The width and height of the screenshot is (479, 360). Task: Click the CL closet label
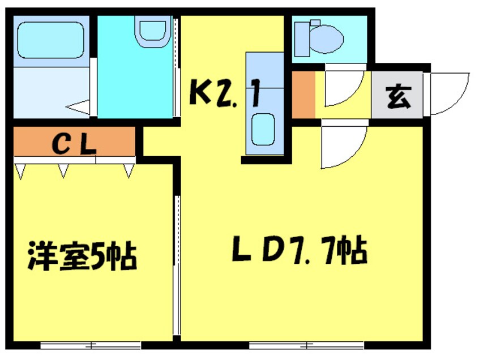[74, 144]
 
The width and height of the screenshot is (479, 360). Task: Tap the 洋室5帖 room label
[83, 256]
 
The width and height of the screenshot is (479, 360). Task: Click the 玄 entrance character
[399, 96]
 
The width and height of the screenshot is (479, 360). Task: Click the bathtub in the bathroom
[50, 40]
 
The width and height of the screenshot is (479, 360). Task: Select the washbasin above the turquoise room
[152, 31]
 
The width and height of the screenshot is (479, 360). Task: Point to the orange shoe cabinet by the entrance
[303, 95]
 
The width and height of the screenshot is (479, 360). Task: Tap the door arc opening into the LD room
[343, 146]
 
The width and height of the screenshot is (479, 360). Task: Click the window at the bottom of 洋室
[91, 344]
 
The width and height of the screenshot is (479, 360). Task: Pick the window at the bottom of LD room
[306, 344]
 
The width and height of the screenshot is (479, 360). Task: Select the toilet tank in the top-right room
[301, 38]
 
